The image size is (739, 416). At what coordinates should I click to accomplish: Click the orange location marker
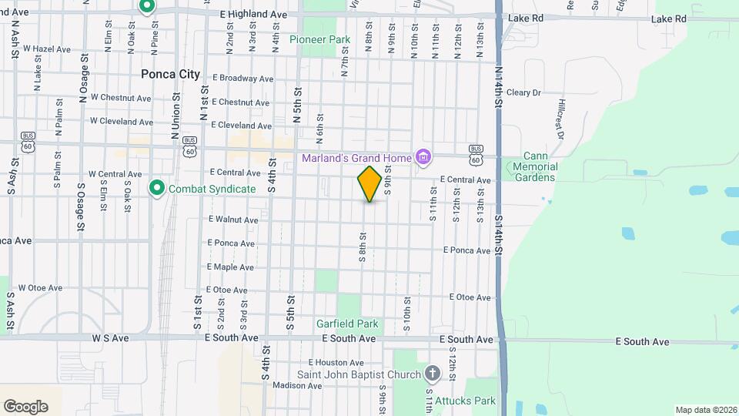click(370, 184)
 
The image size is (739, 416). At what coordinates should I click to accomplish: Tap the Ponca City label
click(170, 75)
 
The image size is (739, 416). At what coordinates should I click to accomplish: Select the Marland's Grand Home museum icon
click(423, 158)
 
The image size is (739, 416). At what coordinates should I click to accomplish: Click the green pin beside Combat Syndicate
click(157, 187)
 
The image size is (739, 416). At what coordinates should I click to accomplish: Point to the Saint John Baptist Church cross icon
click(433, 374)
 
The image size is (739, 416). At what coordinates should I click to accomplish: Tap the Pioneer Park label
click(319, 39)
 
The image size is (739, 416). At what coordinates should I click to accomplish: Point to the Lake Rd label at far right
click(668, 18)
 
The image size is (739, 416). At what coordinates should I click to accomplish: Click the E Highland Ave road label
click(253, 15)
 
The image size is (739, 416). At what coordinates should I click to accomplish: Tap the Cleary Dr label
click(524, 92)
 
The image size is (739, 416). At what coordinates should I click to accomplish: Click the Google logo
click(25, 406)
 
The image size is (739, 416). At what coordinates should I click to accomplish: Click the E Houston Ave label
click(336, 362)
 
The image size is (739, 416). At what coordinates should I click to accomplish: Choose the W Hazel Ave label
click(46, 49)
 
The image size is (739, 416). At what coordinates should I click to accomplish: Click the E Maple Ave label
click(230, 267)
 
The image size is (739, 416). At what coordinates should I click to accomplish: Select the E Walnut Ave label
click(233, 220)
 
